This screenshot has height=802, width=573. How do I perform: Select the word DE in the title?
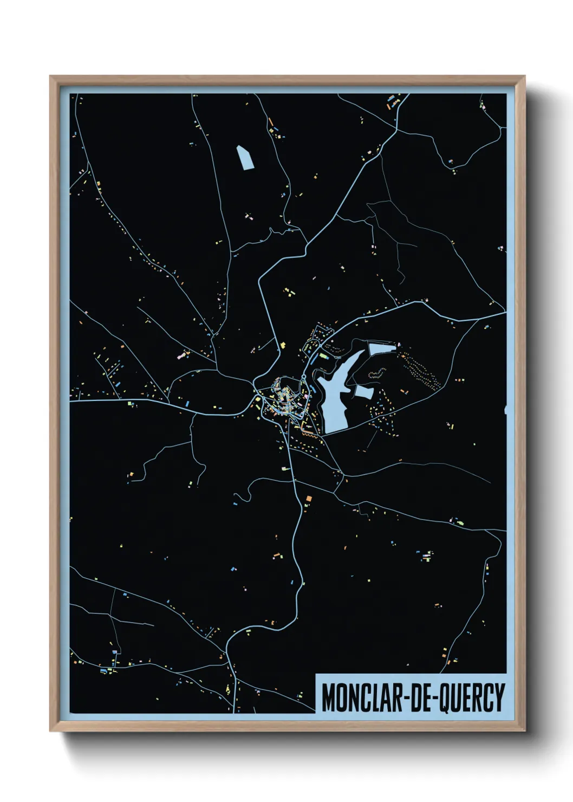tap(418, 697)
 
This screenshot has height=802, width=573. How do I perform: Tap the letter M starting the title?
tap(328, 697)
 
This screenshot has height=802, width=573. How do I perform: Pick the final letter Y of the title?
tap(499, 697)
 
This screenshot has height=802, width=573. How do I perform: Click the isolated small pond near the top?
tap(245, 157)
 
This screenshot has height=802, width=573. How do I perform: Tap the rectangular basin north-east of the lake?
tap(382, 348)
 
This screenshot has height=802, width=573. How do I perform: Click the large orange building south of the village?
tap(309, 497)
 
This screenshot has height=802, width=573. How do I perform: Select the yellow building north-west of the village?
tap(283, 345)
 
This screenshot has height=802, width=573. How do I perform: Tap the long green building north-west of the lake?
tap(324, 356)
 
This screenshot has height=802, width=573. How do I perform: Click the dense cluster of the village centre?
tap(282, 398)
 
